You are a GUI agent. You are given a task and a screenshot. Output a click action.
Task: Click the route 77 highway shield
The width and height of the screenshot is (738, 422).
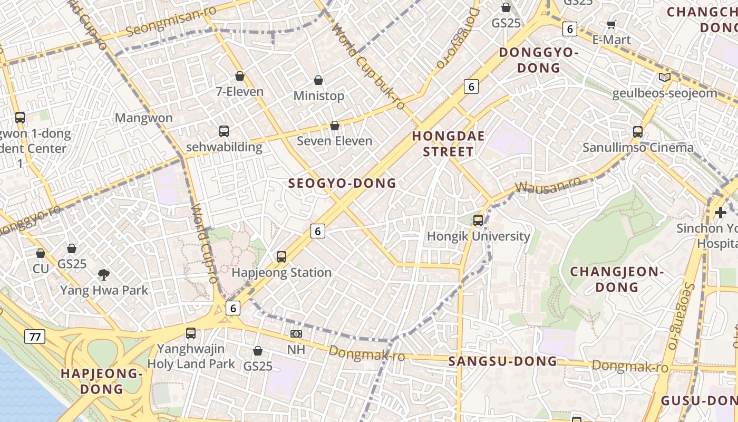click(x=35, y=337)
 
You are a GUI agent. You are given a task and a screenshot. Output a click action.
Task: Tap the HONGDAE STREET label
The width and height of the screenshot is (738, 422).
click(x=443, y=144)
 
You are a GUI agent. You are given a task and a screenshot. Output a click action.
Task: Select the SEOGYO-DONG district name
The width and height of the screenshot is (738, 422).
click(x=342, y=184)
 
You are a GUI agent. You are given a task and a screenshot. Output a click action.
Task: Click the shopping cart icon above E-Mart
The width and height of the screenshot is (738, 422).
click(x=611, y=24)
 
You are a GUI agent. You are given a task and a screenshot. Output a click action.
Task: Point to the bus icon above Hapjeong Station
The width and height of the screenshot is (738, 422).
click(x=281, y=257)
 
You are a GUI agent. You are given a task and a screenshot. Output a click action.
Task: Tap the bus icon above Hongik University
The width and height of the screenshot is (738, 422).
click(x=478, y=220)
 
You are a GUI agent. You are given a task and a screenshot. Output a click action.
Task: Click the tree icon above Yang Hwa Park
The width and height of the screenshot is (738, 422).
click(x=104, y=274)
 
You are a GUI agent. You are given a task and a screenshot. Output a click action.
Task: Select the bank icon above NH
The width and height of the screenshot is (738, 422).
click(x=296, y=334)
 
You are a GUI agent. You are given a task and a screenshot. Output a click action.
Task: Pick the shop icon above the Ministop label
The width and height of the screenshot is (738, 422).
click(x=318, y=80)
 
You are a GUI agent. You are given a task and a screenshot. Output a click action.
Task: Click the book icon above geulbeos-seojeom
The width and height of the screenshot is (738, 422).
click(x=665, y=78)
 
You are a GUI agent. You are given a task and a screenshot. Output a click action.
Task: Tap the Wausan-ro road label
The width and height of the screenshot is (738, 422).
click(x=548, y=185)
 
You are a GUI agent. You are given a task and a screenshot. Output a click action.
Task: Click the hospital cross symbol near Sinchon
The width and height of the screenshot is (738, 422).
click(x=720, y=213)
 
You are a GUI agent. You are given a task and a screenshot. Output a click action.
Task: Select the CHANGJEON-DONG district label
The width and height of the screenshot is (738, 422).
click(x=617, y=280)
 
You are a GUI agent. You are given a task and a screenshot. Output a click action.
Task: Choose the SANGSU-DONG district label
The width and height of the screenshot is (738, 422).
click(x=502, y=361)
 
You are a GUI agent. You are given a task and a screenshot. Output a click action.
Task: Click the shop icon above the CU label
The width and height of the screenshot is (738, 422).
click(x=41, y=254)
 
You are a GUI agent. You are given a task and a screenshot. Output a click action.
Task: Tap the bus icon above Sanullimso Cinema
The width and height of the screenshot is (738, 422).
click(x=638, y=132)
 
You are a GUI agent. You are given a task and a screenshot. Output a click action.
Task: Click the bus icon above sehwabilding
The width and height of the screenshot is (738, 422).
click(x=224, y=131)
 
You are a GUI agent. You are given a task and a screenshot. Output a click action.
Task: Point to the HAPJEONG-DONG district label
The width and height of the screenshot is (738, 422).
click(x=102, y=381)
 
